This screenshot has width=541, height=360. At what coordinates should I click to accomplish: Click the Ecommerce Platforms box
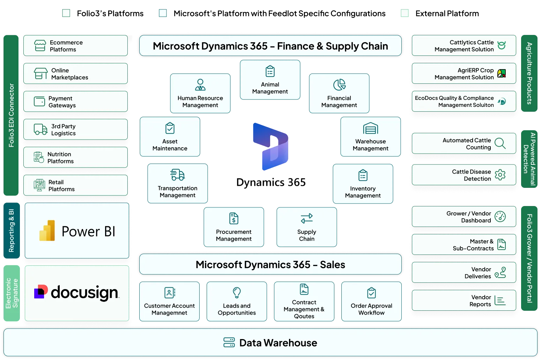[x=75, y=45]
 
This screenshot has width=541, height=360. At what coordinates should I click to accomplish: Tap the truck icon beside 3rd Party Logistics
[x=40, y=130]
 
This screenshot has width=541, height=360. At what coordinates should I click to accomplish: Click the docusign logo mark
[x=40, y=292]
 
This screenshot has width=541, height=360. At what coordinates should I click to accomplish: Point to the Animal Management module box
[x=270, y=80]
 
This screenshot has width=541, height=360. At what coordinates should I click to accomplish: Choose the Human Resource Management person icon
[x=200, y=85]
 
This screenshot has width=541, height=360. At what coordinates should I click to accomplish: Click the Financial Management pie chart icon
[x=339, y=85]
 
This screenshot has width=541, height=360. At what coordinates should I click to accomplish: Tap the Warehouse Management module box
[x=371, y=137]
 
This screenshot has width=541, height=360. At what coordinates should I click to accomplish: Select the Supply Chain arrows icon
[x=307, y=219]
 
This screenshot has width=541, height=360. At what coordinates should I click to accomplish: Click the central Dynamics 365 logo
[x=271, y=147]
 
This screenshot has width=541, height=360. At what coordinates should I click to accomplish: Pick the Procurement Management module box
[x=234, y=227]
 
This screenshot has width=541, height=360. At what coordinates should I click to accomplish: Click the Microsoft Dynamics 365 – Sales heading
[x=270, y=264]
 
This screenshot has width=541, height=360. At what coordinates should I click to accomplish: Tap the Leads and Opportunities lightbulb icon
[x=237, y=292]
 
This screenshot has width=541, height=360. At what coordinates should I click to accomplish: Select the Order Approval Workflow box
[x=371, y=301]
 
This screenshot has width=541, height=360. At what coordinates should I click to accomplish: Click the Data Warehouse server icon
[x=229, y=343]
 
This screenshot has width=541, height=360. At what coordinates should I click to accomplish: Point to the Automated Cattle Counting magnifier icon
[x=500, y=144]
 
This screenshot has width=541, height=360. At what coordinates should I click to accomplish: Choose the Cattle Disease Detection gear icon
[x=500, y=175]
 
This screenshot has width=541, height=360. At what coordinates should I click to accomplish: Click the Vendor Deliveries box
[x=464, y=272]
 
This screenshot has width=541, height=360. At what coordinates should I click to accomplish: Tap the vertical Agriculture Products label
[x=529, y=73]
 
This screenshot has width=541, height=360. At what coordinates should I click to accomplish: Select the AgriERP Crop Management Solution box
[x=464, y=73]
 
